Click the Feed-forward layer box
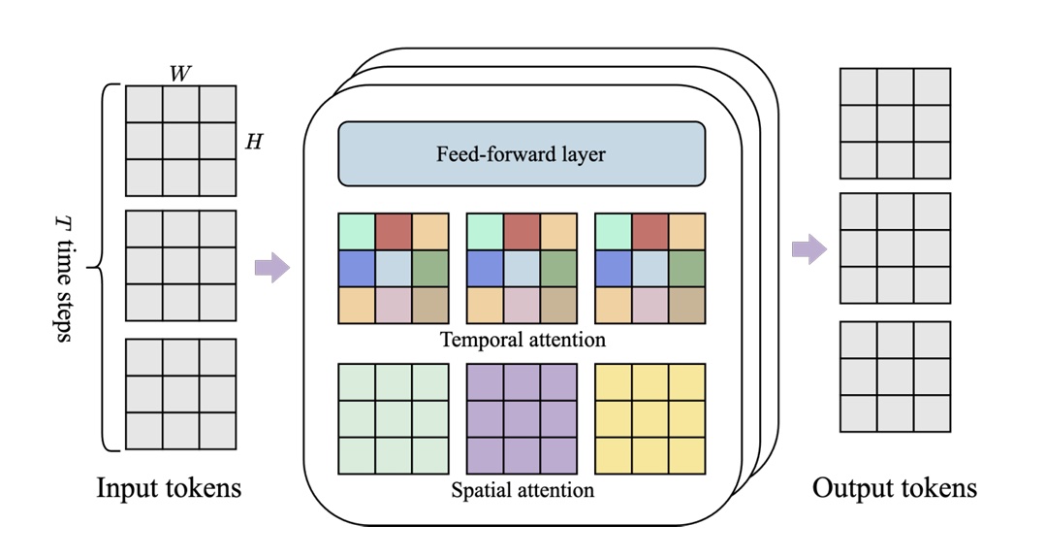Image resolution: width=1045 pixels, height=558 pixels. tap(521, 153)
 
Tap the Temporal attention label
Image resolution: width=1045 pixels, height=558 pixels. tap(522, 340)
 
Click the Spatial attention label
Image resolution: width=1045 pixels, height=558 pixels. tap(522, 489)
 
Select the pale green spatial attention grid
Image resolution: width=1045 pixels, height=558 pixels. tap(393, 418)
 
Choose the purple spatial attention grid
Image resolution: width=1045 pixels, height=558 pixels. tap(522, 418)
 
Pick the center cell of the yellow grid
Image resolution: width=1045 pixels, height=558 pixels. tap(649, 418)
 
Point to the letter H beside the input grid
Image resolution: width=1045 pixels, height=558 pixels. tap(253, 142)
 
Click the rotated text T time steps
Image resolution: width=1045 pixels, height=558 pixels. tap(63, 268)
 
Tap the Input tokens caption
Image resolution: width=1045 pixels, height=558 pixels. tap(169, 488)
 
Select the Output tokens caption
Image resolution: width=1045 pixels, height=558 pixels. tap(894, 488)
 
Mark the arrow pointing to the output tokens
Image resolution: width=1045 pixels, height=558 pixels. tap(808, 250)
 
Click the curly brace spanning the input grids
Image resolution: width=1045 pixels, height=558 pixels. tap(106, 268)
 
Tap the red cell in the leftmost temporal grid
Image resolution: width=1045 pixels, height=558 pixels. tap(393, 232)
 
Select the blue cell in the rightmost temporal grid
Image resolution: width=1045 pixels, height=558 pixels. tap(613, 269)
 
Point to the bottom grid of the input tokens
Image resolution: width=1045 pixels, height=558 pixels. tap(180, 394)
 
